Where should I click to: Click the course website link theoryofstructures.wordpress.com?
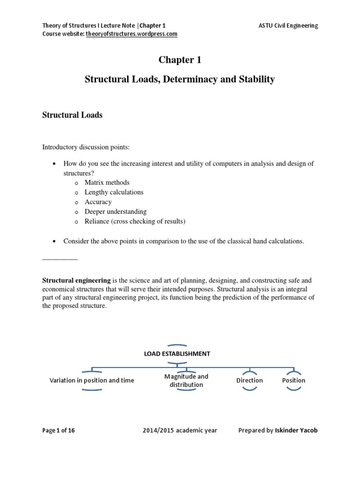[x=131, y=34]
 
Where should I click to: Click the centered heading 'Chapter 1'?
[x=180, y=60]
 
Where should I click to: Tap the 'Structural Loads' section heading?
[x=72, y=115]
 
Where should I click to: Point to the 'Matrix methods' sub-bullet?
[x=107, y=182]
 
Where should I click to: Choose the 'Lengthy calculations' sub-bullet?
[x=114, y=192]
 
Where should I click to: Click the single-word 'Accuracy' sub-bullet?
[x=98, y=202]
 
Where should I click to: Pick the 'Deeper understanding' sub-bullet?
[x=115, y=212]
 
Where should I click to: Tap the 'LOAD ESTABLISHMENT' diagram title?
[x=177, y=354]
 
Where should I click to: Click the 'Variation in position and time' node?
[x=92, y=380]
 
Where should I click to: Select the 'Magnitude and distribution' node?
[x=186, y=380]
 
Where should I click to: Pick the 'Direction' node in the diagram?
[x=249, y=380]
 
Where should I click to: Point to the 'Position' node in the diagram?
[x=293, y=380]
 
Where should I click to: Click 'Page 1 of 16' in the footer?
[x=59, y=430]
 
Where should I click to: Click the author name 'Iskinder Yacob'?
[x=296, y=430]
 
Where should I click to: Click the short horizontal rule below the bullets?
[x=60, y=259]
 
